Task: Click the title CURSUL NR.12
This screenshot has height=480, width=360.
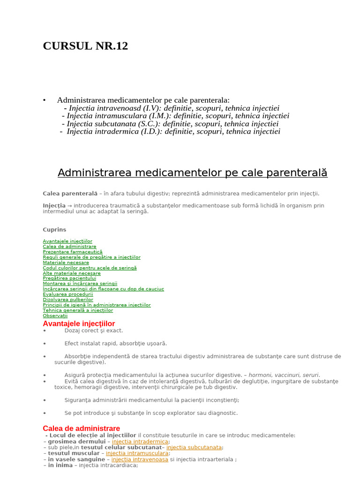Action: click(x=85, y=46)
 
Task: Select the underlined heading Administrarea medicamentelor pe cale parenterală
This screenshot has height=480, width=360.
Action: click(x=192, y=172)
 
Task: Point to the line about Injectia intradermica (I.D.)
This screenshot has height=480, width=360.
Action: click(x=173, y=131)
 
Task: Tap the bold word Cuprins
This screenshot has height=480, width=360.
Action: click(x=54, y=230)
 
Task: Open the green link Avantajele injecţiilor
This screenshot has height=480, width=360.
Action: click(x=67, y=241)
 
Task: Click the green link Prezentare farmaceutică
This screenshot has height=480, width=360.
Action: click(x=72, y=252)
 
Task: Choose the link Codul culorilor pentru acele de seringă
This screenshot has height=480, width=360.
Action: click(x=90, y=268)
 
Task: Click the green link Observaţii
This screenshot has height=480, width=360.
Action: click(x=55, y=315)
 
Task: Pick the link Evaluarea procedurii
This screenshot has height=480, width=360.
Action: click(x=67, y=294)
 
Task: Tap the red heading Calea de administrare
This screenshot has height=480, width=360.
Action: click(x=81, y=428)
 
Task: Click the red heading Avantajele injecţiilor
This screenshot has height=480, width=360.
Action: click(x=79, y=323)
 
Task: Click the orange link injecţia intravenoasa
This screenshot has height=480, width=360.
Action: click(x=140, y=459)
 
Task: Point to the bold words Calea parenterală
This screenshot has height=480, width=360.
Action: click(x=70, y=194)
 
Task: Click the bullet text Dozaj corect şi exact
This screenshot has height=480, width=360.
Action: click(x=94, y=330)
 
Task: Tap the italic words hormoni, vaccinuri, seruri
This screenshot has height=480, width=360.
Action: click(x=284, y=375)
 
